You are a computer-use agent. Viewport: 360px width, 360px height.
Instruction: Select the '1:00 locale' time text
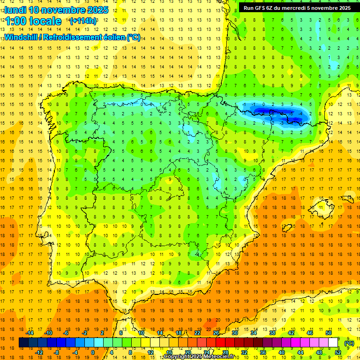tap(33, 21)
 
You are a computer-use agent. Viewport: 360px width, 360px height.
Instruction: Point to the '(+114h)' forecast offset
tap(83, 21)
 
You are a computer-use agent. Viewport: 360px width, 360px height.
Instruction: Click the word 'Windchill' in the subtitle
tap(20, 37)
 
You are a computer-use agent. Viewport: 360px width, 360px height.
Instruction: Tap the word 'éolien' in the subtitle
tap(113, 37)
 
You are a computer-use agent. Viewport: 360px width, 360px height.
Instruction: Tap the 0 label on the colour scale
tap(93, 352)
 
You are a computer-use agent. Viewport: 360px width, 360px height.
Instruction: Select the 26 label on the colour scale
tap(216, 333)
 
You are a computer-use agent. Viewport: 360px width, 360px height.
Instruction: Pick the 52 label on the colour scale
tap(338, 352)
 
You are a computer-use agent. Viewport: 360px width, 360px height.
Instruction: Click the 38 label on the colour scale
tap(272, 333)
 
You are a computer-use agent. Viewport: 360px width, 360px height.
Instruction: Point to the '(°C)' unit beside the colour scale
tap(349, 343)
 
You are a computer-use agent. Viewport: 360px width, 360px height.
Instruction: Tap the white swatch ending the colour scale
tap(333, 343)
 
